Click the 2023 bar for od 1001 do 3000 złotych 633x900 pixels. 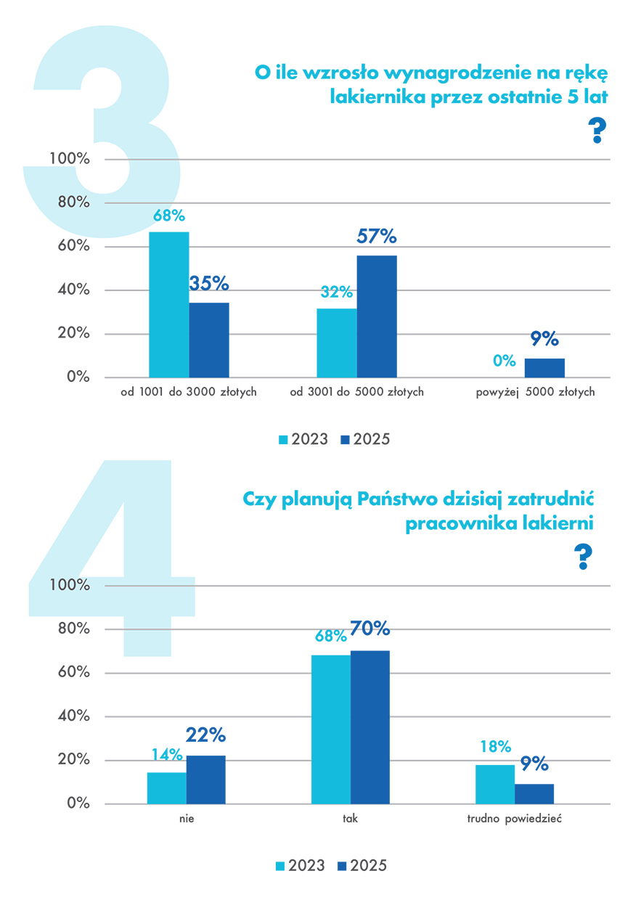click(x=168, y=305)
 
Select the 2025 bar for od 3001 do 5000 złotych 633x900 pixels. click(x=377, y=316)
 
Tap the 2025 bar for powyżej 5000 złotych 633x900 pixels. click(x=544, y=368)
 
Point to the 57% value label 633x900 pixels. click(x=377, y=237)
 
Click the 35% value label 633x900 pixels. click(x=209, y=283)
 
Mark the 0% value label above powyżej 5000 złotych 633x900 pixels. click(x=504, y=361)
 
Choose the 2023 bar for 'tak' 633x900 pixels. click(x=330, y=729)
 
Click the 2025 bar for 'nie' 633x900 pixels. click(x=205, y=780)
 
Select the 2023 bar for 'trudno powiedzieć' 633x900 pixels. click(x=495, y=784)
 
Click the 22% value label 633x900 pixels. click(x=205, y=736)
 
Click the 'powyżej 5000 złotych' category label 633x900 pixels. click(x=535, y=392)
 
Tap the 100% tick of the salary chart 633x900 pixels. click(x=69, y=159)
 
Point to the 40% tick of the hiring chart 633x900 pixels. click(x=72, y=716)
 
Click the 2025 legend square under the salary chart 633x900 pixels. click(x=345, y=440)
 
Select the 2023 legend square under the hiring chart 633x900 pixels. click(x=281, y=866)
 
